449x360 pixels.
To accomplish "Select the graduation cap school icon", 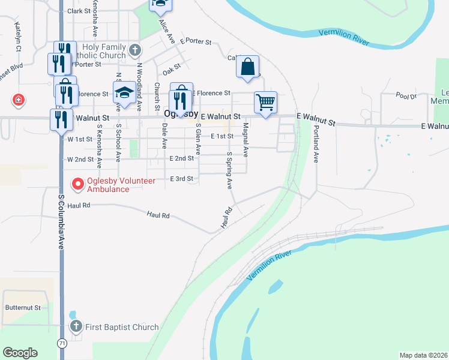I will point(124,92).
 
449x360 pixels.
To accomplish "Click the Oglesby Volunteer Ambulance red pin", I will point(77,184).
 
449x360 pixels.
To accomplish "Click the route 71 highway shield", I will point(62,342).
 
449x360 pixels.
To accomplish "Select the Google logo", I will point(20,352).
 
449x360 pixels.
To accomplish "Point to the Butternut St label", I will point(23,307).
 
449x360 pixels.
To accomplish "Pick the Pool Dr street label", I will point(406,95).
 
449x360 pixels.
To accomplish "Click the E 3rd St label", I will point(182,179).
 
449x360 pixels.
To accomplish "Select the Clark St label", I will point(79,11).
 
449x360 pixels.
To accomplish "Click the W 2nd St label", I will point(80,160).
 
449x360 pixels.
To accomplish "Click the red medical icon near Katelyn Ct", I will point(19,100).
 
